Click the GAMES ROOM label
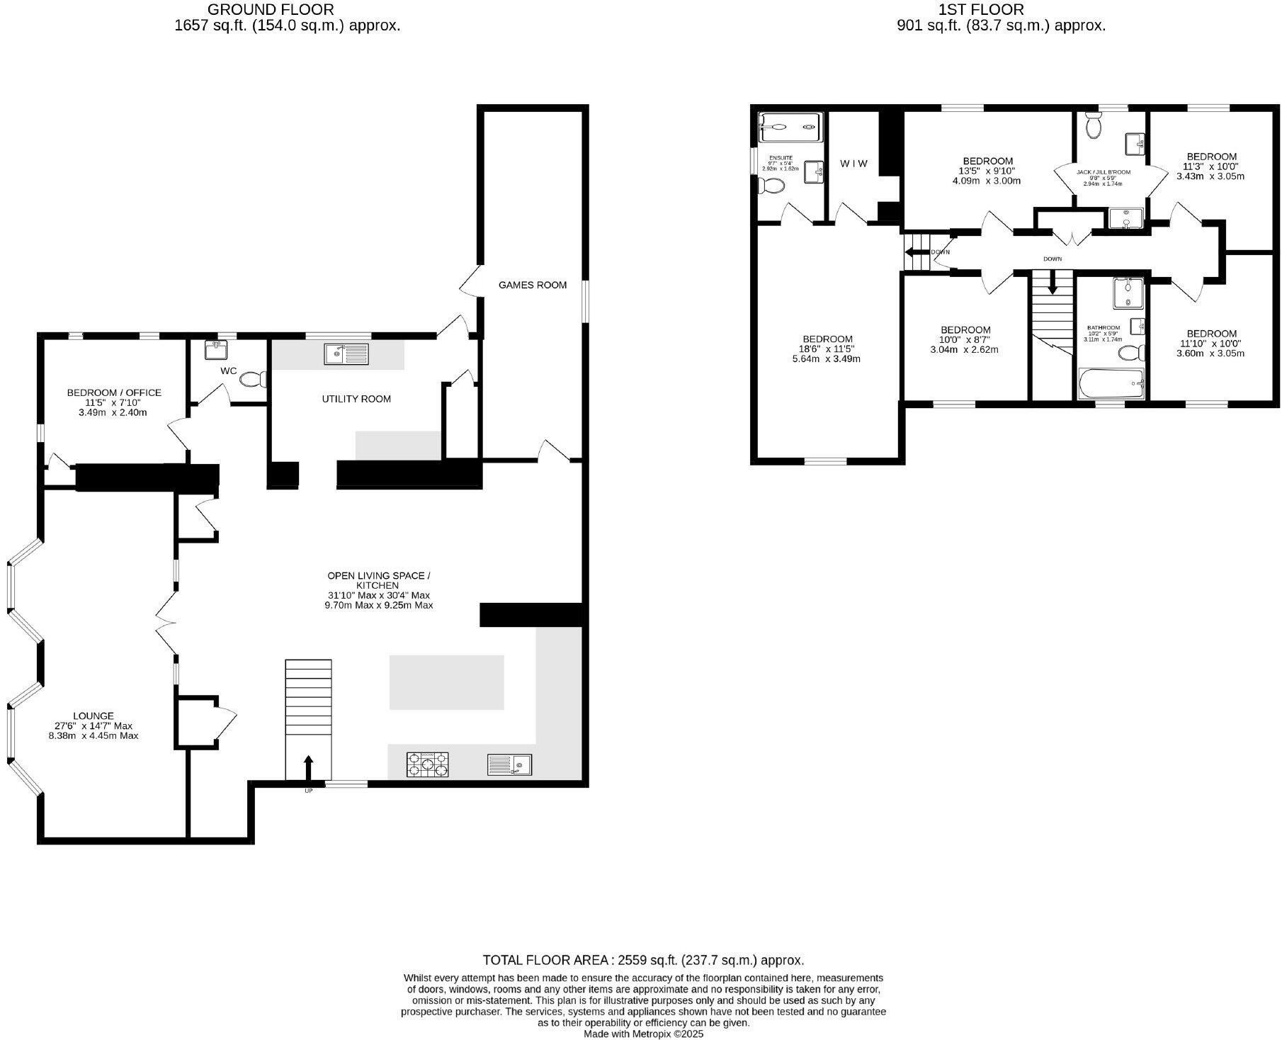coord(532,285)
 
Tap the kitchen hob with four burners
coord(428,764)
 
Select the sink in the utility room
coord(347,353)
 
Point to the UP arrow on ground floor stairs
coord(308,767)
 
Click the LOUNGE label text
coord(93,716)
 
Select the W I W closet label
coord(853,164)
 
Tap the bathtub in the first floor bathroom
coord(1111,384)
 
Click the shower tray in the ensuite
coord(789,128)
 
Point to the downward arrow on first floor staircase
coord(1052,283)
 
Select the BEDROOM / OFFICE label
coord(114,392)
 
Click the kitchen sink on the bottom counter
coord(509,764)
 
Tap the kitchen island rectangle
coord(446,682)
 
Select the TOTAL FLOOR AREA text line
coord(643,960)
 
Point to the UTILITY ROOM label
coord(356,399)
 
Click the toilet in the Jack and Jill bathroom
coord(1093,127)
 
